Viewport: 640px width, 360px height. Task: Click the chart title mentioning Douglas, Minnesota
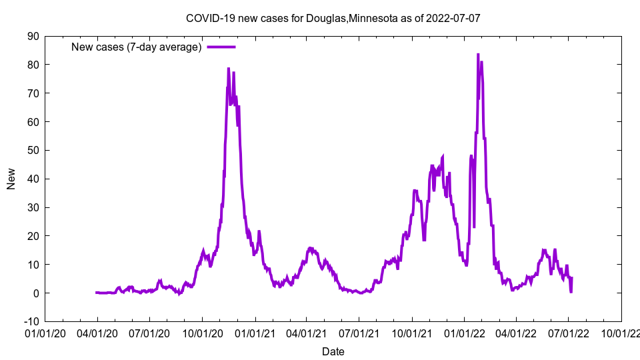tap(333, 18)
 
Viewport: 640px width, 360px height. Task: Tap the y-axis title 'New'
tap(11, 179)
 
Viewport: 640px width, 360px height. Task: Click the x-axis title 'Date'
tap(333, 351)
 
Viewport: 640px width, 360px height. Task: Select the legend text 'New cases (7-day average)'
tap(136, 47)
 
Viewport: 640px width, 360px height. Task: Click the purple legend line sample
tap(221, 47)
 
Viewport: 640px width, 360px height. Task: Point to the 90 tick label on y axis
tap(33, 36)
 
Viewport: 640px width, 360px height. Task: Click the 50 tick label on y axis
tap(33, 150)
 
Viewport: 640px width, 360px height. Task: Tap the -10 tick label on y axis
tap(31, 321)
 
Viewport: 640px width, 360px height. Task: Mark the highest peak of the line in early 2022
tap(478, 55)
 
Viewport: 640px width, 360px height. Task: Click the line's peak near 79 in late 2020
tap(228, 68)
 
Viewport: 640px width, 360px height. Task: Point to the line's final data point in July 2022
tap(572, 277)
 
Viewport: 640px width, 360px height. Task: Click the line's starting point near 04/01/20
tap(97, 293)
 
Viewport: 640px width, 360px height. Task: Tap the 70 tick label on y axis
tap(33, 93)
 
